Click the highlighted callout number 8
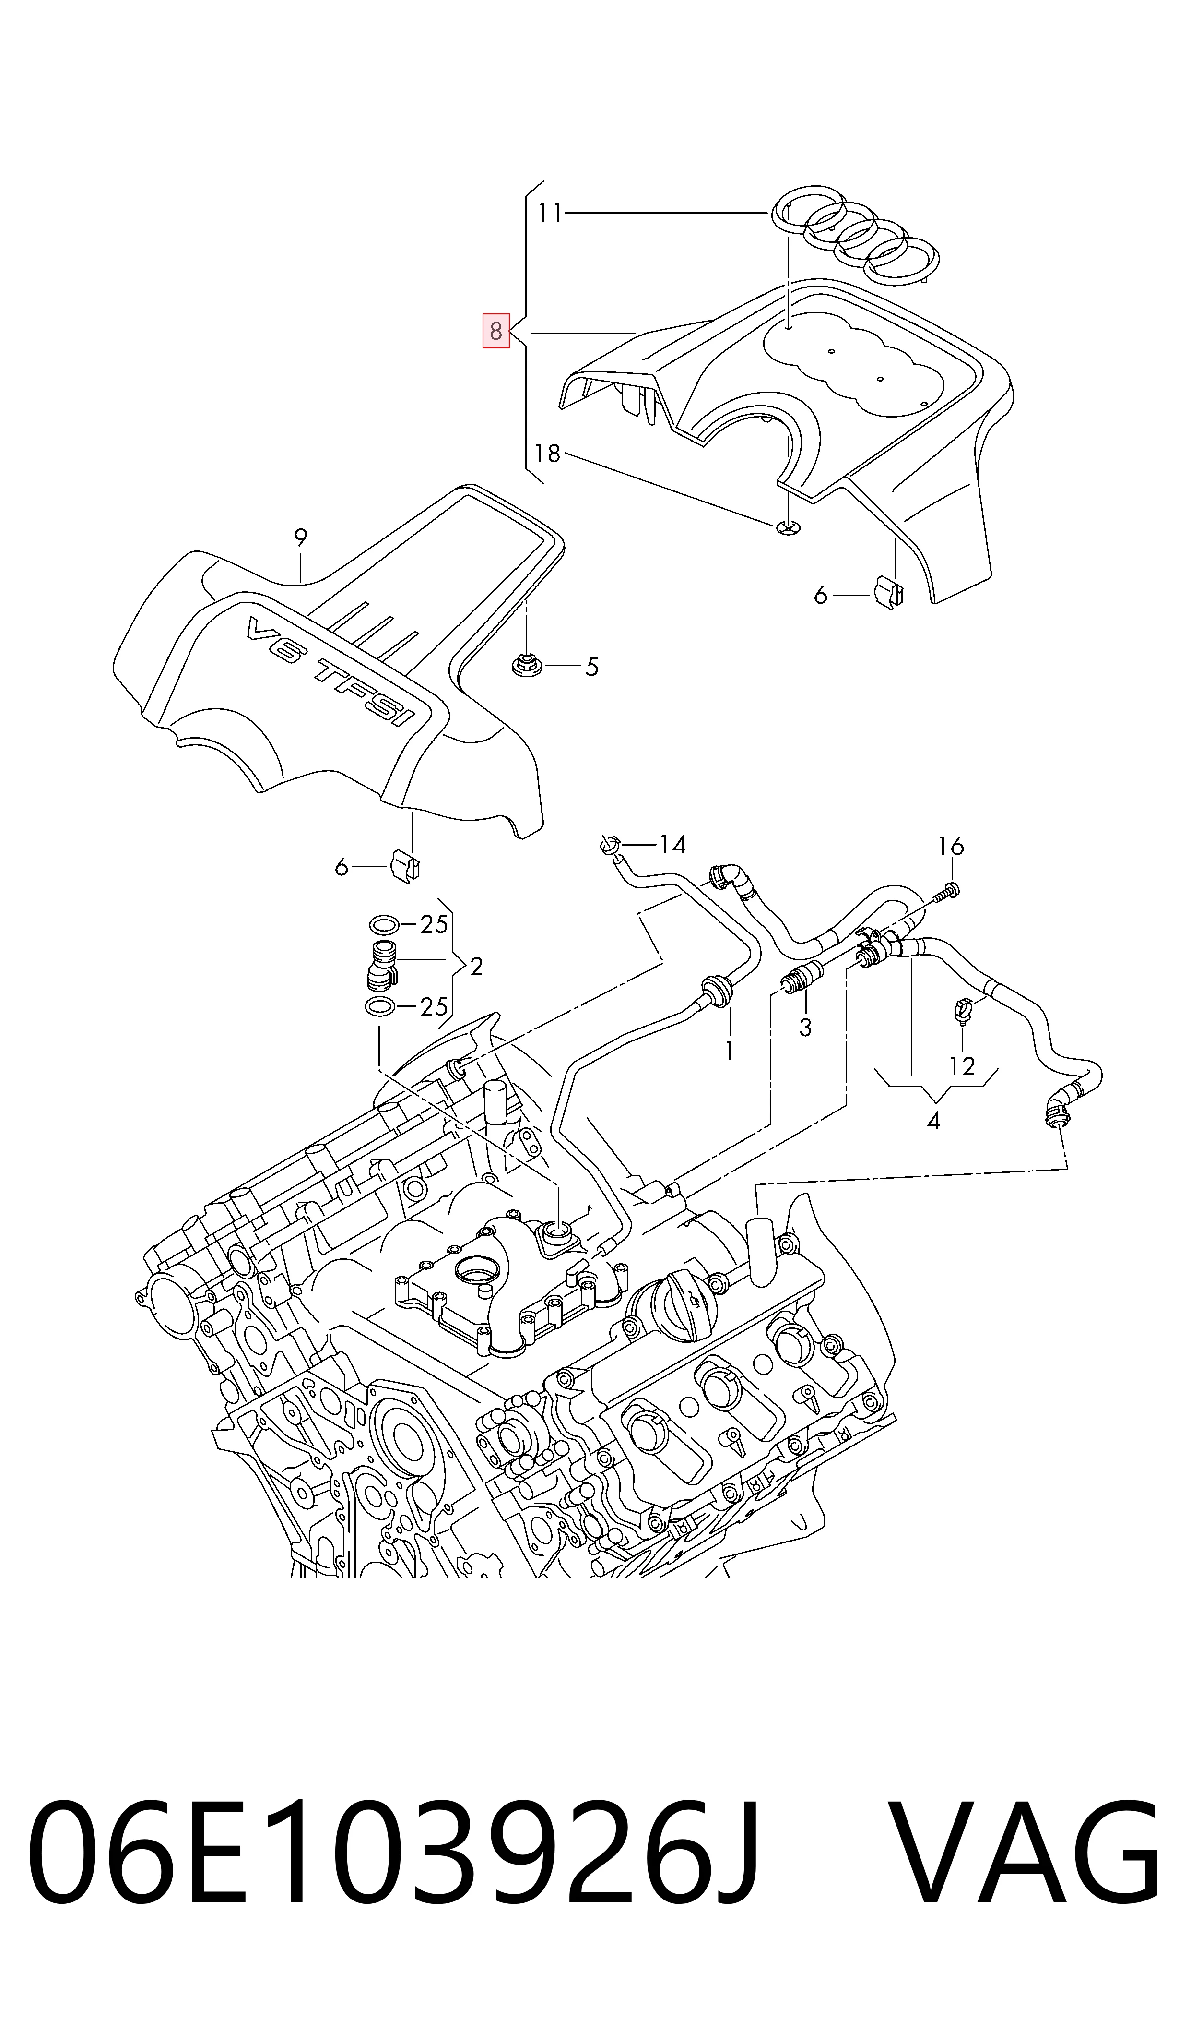coord(495,331)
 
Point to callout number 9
coord(300,538)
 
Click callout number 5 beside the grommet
coord(591,667)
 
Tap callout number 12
coord(961,1066)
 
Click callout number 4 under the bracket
coord(933,1120)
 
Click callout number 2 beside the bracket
coord(477,967)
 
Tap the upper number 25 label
coord(434,925)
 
